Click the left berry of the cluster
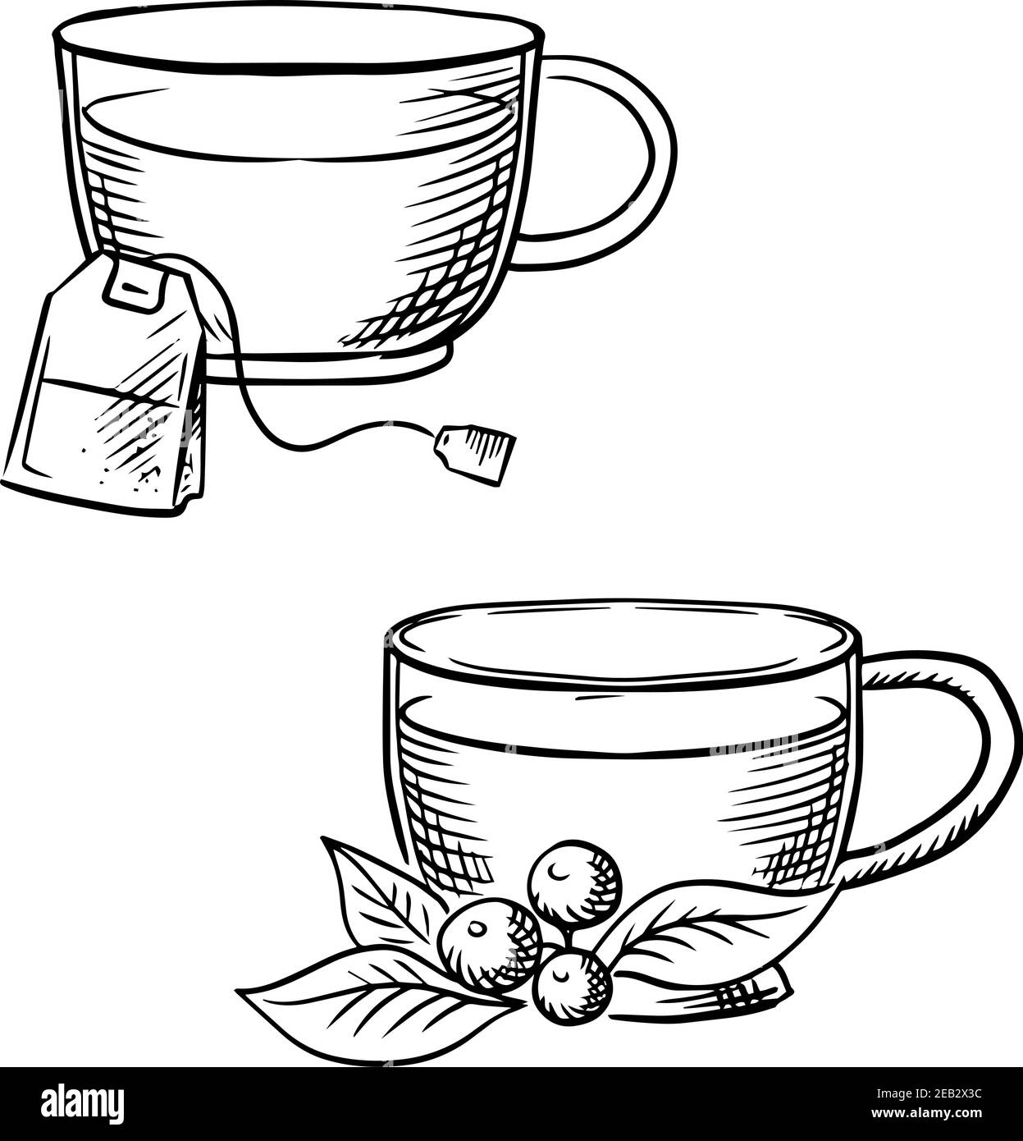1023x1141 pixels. tap(490, 942)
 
